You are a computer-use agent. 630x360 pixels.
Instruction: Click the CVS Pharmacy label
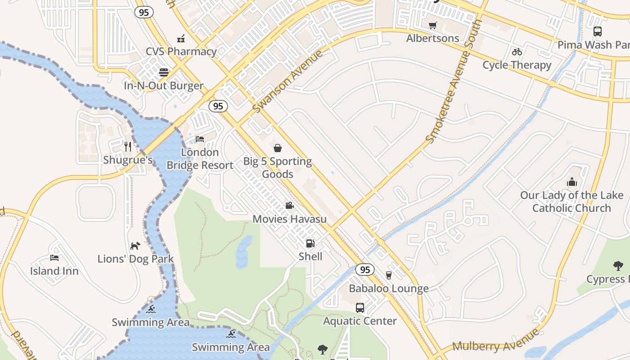(x=181, y=51)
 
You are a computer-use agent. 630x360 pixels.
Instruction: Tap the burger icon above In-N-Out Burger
(x=163, y=72)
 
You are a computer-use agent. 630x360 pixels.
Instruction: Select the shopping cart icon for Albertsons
(x=433, y=25)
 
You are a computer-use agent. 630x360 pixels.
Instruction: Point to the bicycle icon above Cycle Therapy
(x=517, y=52)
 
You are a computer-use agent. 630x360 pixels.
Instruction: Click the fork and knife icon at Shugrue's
(x=128, y=146)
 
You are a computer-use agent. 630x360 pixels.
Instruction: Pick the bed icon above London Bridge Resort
(x=200, y=139)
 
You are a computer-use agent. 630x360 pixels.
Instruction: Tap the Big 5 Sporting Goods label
(x=277, y=167)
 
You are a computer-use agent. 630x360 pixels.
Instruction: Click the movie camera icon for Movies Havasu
(x=289, y=206)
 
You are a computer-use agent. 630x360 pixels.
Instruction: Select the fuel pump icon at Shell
(x=310, y=243)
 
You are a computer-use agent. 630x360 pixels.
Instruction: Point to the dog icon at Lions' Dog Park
(x=135, y=246)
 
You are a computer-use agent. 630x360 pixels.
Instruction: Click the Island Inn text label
(x=54, y=271)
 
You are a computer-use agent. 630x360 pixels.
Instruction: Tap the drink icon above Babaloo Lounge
(x=389, y=275)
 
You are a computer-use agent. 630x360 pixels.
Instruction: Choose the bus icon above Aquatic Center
(x=360, y=308)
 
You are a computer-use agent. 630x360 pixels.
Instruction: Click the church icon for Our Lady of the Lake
(x=572, y=182)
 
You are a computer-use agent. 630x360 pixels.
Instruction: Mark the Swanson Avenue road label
(x=288, y=82)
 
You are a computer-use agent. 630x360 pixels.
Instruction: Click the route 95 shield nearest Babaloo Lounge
(x=364, y=270)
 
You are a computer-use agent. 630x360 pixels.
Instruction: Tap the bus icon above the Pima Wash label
(x=597, y=31)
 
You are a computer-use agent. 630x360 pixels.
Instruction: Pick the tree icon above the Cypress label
(x=618, y=266)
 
